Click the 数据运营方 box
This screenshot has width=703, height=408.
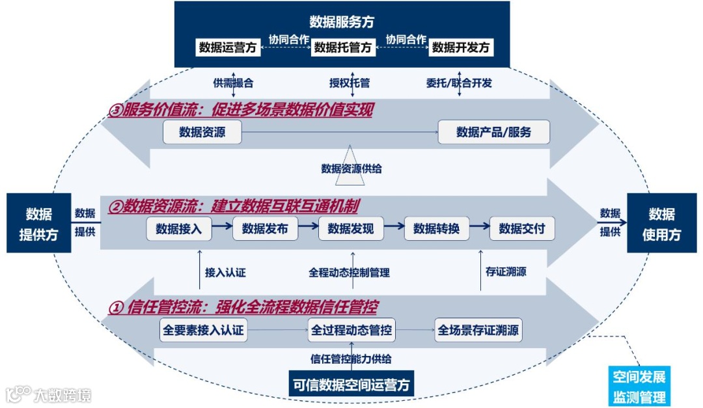click(x=228, y=48)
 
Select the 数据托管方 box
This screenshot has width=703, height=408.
click(x=344, y=48)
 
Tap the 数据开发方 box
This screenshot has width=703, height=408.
click(x=460, y=48)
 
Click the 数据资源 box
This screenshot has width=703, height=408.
click(x=202, y=132)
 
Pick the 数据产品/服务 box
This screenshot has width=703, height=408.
click(x=494, y=132)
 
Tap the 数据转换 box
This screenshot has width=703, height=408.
click(x=437, y=228)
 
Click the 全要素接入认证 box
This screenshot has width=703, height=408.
click(x=204, y=331)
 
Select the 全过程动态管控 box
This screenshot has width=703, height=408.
click(x=351, y=331)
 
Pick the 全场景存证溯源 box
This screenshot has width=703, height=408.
click(x=479, y=331)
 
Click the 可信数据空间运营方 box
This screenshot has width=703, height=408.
click(x=351, y=384)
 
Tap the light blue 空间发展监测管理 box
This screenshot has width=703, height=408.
click(x=639, y=387)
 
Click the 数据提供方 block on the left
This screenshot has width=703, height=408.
click(x=38, y=224)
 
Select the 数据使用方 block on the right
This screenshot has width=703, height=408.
click(x=661, y=224)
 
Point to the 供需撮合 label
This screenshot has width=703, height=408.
click(x=233, y=83)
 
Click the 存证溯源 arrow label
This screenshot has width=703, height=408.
click(x=506, y=272)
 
